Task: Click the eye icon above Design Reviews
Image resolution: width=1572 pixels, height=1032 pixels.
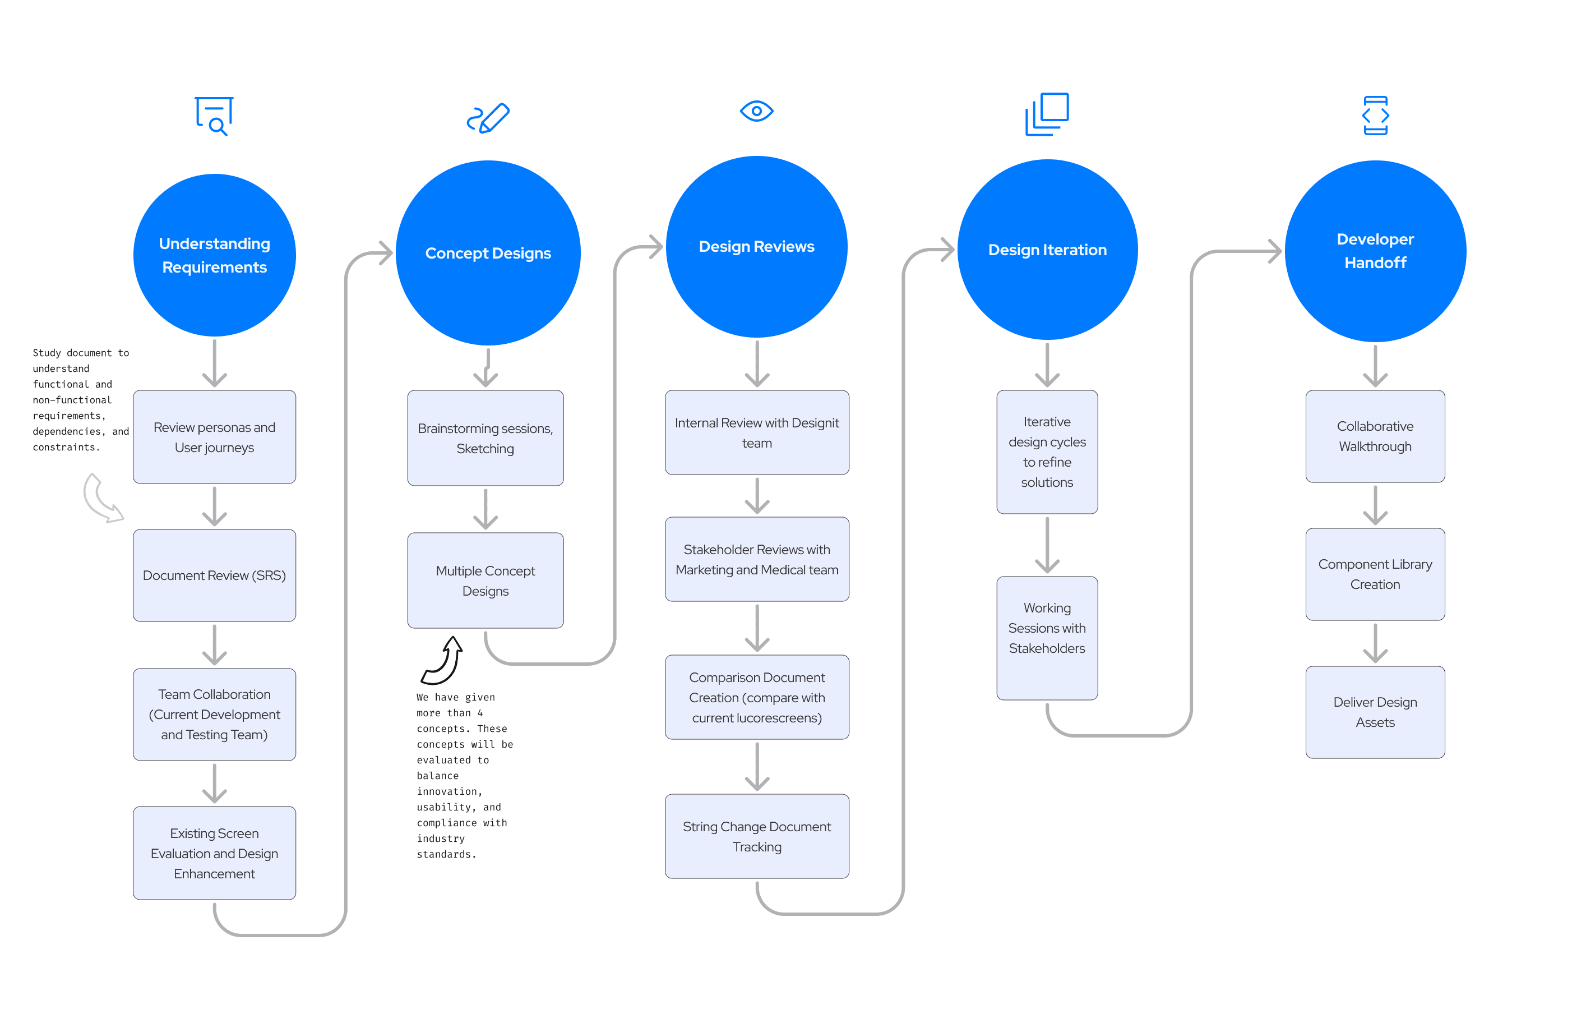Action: coord(756,111)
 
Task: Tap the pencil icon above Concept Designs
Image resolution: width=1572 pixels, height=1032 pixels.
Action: coord(488,118)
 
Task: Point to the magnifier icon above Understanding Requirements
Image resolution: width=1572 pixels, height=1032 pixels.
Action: coord(214,116)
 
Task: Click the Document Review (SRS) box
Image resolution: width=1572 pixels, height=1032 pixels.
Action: coord(214,575)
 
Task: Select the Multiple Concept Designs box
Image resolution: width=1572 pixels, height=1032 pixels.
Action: coord(486,580)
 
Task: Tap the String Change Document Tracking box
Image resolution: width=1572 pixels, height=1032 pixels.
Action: coord(757,836)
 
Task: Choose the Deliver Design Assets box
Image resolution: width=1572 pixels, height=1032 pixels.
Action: coord(1375,712)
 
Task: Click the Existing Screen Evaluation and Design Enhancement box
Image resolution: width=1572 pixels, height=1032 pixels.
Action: coord(214,853)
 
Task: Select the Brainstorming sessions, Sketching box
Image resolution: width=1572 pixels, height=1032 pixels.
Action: coord(486,437)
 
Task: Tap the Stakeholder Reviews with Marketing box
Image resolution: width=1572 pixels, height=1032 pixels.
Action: coord(757,559)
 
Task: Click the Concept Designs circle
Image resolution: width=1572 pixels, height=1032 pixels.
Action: coord(488,252)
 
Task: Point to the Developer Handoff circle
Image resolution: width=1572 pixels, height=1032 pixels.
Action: coord(1375,251)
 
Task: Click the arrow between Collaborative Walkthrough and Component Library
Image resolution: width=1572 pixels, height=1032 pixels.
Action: coord(1375,505)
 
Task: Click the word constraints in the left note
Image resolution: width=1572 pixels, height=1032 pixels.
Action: coord(66,447)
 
